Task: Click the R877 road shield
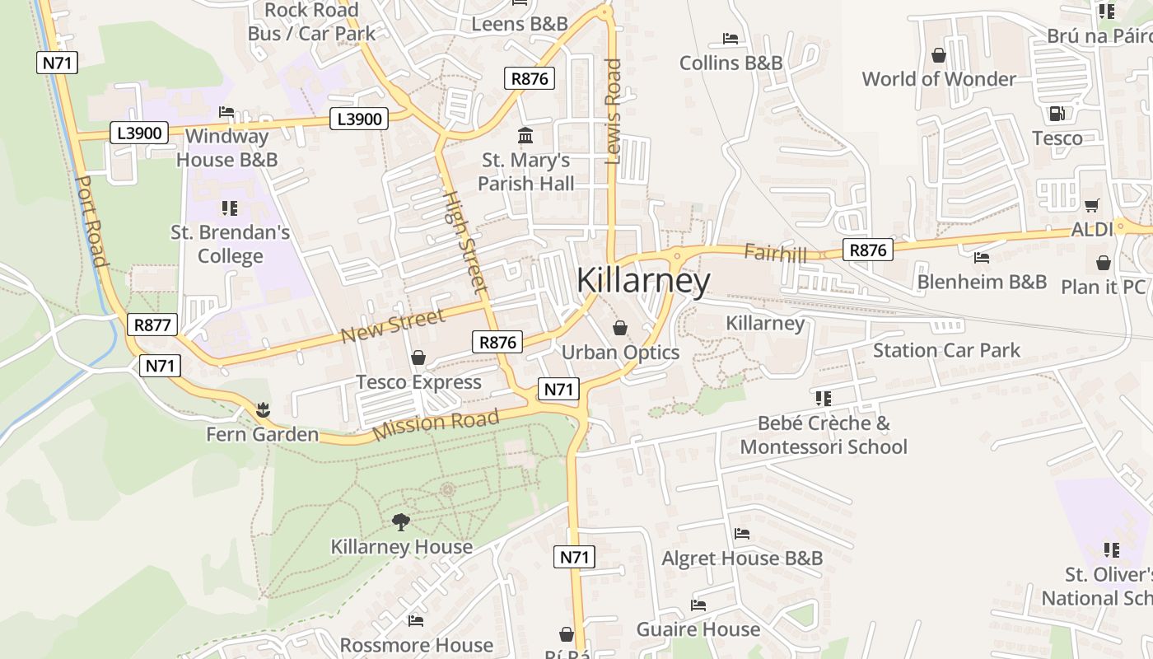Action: tap(152, 325)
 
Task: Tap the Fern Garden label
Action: tap(262, 434)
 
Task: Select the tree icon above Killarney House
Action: tap(401, 521)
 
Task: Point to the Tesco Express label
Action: tap(418, 382)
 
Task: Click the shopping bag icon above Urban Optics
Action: tap(620, 328)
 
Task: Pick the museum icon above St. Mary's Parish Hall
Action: tap(525, 135)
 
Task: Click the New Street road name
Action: tap(393, 325)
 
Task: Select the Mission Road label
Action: tap(436, 424)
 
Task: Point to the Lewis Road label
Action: tap(613, 111)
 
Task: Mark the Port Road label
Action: tap(91, 221)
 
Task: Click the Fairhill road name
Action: tap(775, 253)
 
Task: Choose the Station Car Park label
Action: tap(946, 350)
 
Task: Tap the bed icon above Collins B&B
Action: tap(730, 38)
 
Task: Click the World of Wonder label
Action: tap(939, 79)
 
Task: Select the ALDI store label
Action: tap(1092, 229)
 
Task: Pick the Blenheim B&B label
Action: tap(982, 282)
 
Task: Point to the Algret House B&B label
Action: tap(742, 559)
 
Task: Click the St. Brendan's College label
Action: tap(231, 244)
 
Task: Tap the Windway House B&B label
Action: tap(227, 147)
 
